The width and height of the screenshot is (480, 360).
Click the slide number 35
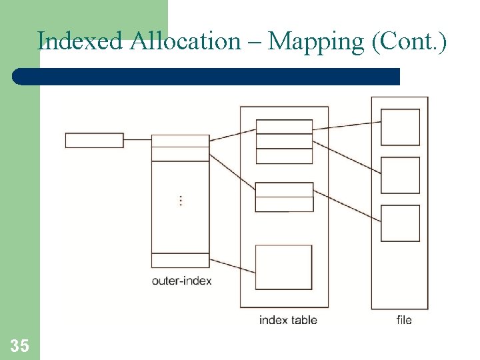19,345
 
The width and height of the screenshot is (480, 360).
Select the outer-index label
181,281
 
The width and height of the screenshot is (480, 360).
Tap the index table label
288,320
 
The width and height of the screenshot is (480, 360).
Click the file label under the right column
404,320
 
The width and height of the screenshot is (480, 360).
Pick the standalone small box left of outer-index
94,140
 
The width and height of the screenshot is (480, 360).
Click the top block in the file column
400,127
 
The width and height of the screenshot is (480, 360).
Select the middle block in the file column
400,175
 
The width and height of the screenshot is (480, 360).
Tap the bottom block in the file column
400,223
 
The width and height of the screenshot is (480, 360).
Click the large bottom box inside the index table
283,267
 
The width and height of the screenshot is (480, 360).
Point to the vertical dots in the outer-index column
181,200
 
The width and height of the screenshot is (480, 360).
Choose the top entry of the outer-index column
180,141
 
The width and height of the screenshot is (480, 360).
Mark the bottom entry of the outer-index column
180,260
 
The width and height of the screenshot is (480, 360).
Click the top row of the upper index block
284,127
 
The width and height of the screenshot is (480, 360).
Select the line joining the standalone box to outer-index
137,140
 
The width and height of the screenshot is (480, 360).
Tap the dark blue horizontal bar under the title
207,76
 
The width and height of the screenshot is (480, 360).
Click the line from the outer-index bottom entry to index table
233,265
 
